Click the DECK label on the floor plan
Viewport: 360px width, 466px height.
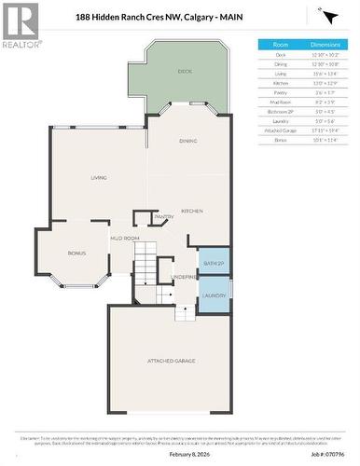click(186, 71)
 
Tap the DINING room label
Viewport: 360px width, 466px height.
click(187, 141)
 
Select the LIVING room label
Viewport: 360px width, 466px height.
click(98, 176)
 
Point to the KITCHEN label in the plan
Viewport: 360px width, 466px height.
click(192, 212)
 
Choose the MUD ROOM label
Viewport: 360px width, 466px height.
click(125, 239)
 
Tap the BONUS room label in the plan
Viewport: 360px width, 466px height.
click(76, 253)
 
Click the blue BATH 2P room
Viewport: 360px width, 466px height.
click(214, 264)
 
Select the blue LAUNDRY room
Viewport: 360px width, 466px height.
click(214, 295)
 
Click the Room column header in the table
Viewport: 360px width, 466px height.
click(280, 44)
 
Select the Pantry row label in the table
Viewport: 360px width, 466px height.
click(280, 91)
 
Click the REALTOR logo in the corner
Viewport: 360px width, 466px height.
click(20, 25)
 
